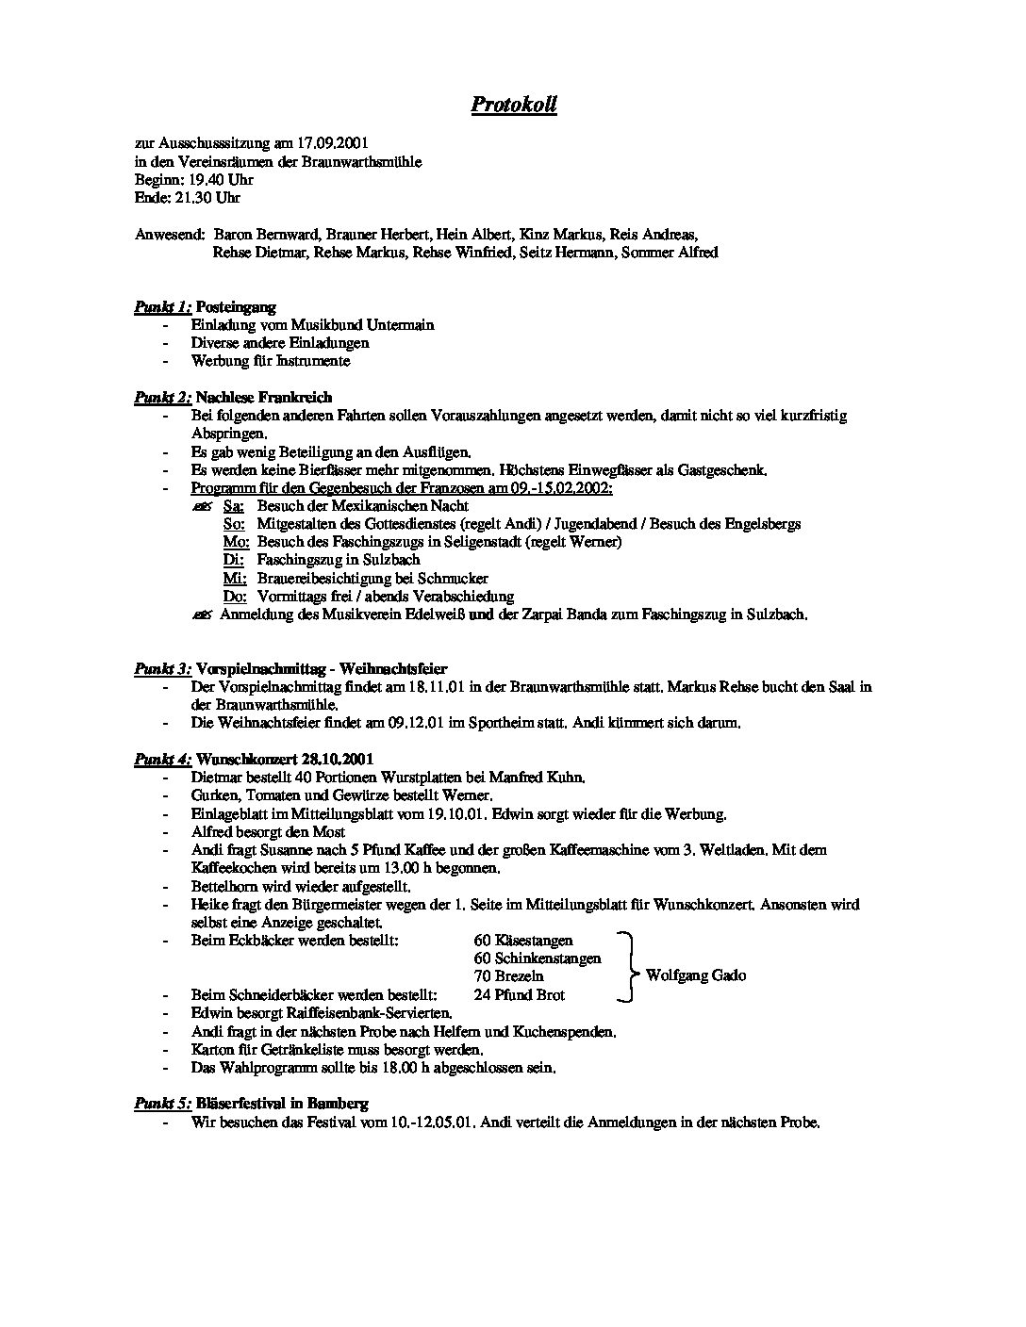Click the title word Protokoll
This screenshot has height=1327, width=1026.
pyautogui.click(x=513, y=105)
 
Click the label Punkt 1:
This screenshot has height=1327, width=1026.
pyautogui.click(x=162, y=307)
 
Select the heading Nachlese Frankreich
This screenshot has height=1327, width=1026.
pyautogui.click(x=264, y=398)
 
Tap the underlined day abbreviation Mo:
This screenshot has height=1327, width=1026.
pyautogui.click(x=236, y=542)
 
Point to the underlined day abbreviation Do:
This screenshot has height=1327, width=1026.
pyautogui.click(x=235, y=597)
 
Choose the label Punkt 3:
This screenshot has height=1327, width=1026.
pyautogui.click(x=162, y=668)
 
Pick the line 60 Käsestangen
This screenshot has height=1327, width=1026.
pyautogui.click(x=523, y=941)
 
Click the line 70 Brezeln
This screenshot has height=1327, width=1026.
pyautogui.click(x=509, y=976)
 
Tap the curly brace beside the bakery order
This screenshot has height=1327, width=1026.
pyautogui.click(x=627, y=967)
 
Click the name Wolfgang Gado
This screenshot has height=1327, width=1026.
pyautogui.click(x=695, y=975)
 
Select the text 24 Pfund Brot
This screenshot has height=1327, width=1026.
pyautogui.click(x=519, y=994)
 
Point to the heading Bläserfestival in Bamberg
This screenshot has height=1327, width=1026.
pyautogui.click(x=282, y=1104)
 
